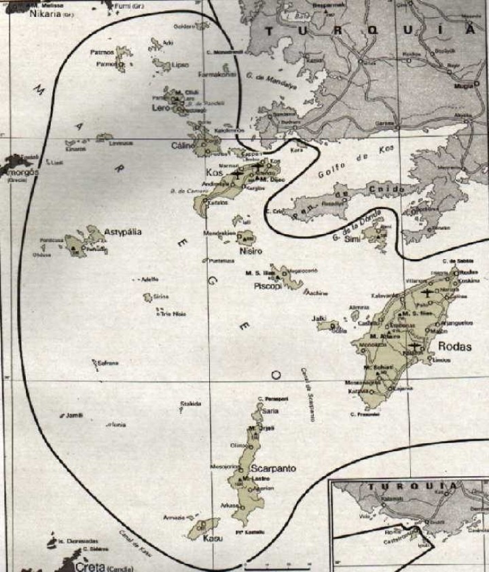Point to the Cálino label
183,145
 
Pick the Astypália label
123,231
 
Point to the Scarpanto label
271,469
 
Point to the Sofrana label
108,363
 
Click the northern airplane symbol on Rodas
427,294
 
